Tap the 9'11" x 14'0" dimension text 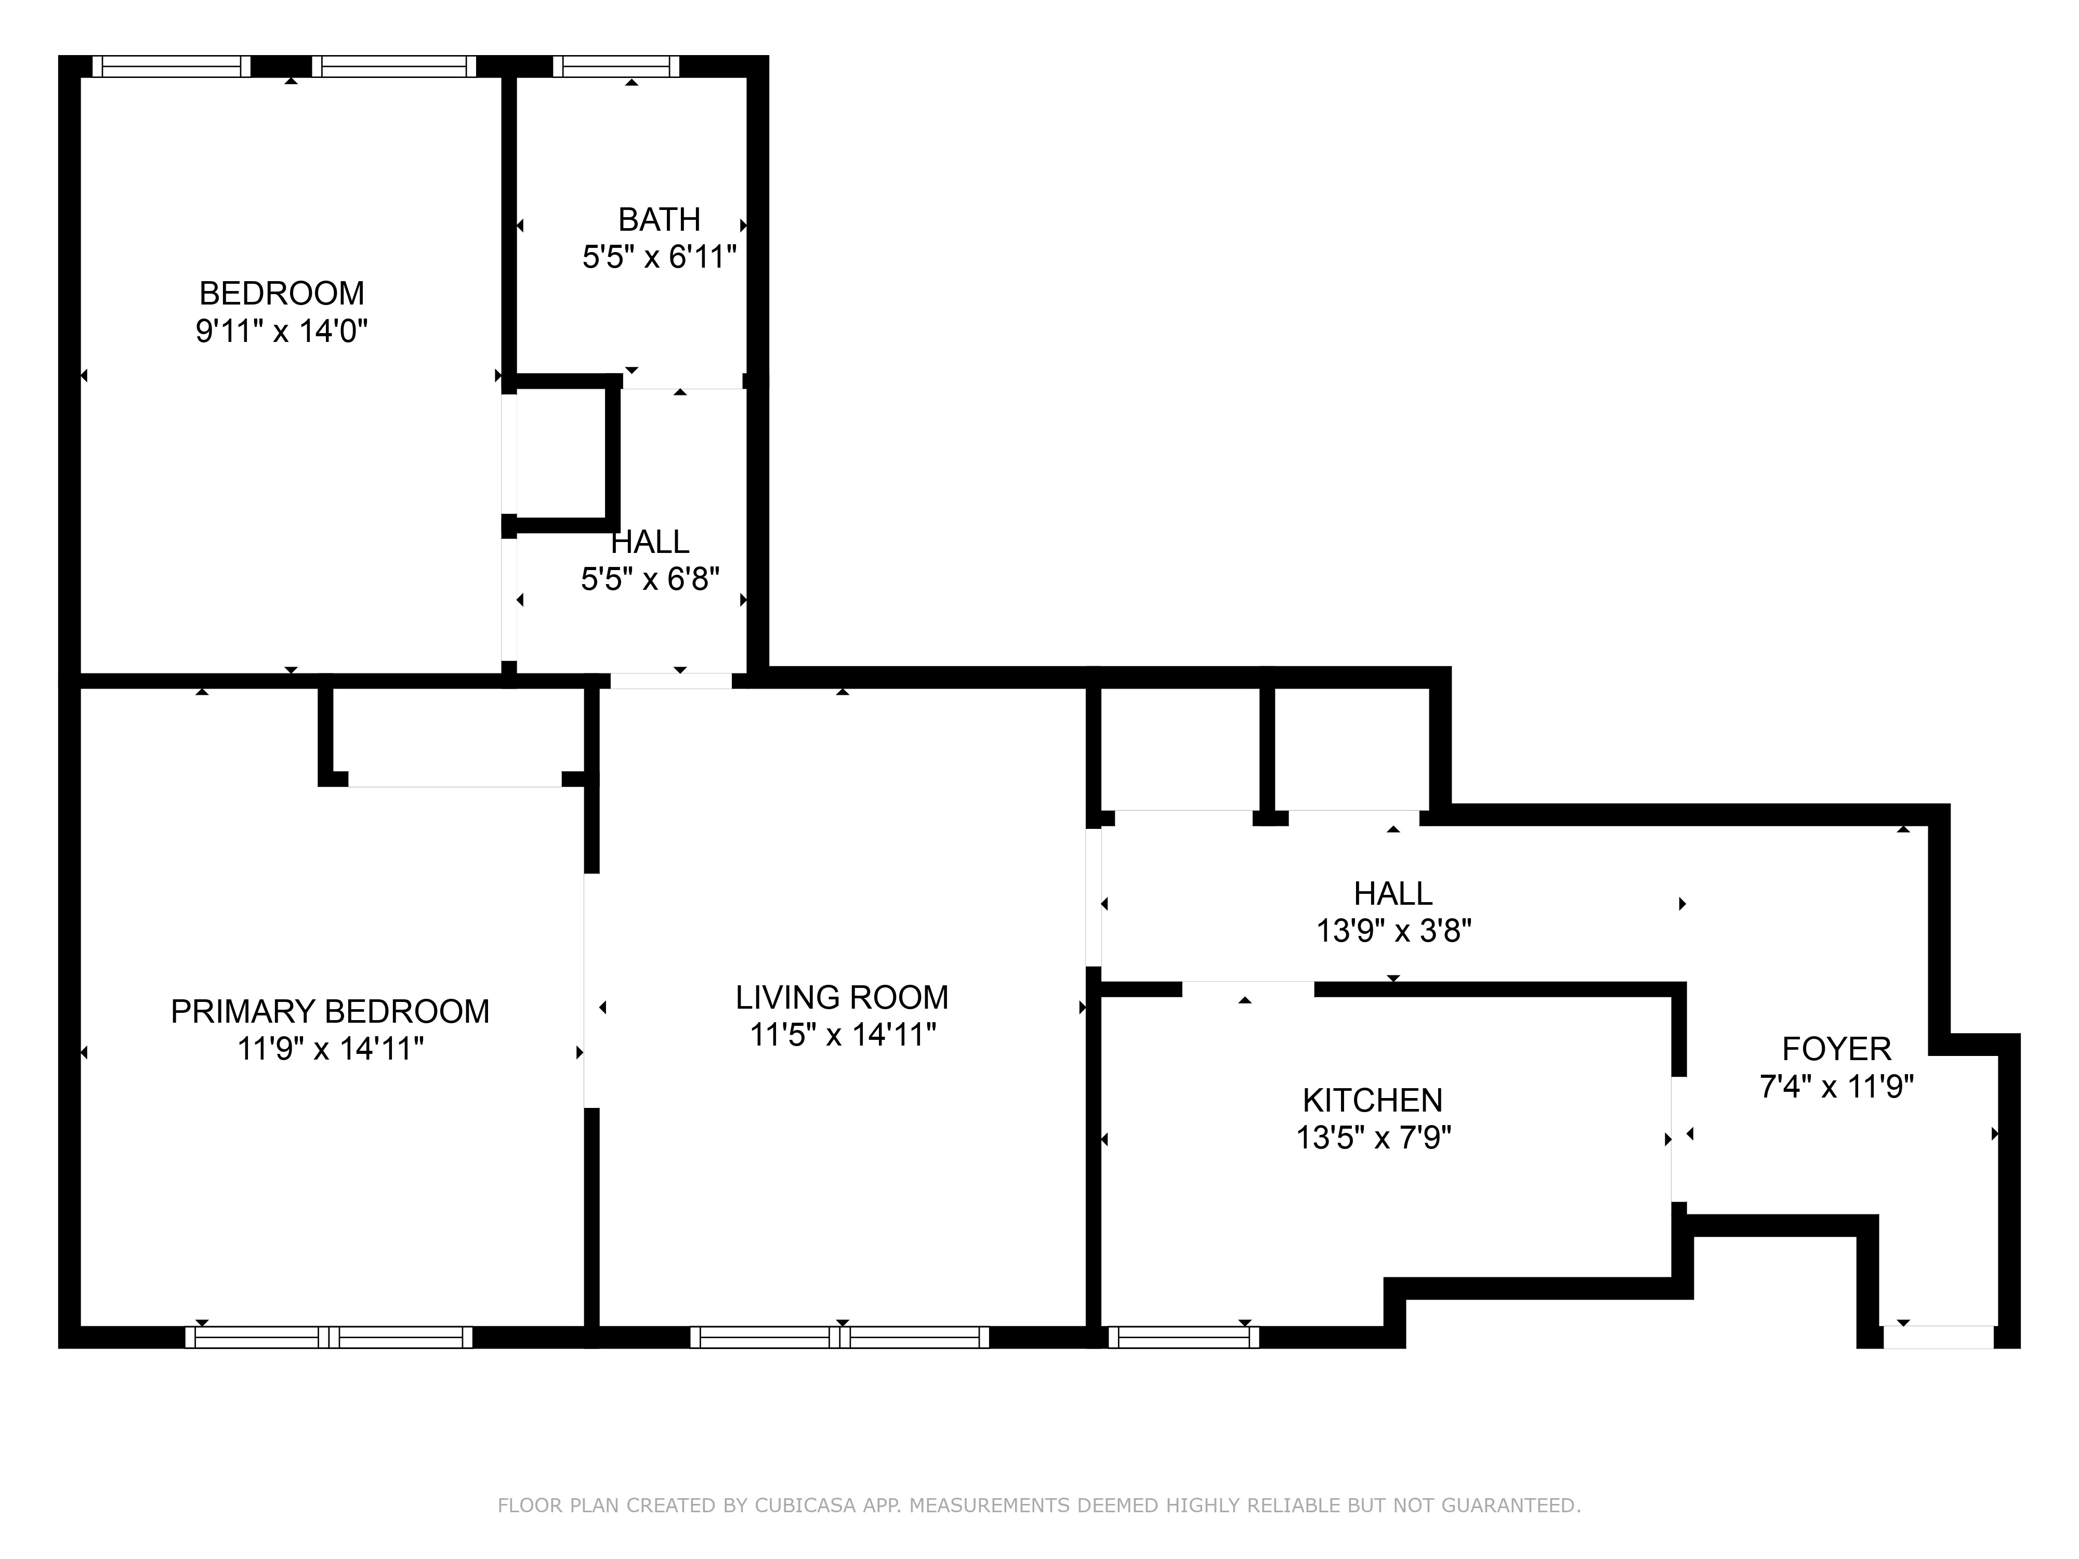pyautogui.click(x=281, y=332)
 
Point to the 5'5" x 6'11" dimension pyautogui.click(x=659, y=257)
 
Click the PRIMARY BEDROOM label pyautogui.click(x=330, y=1011)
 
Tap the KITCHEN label pyautogui.click(x=1372, y=1100)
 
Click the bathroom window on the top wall pyautogui.click(x=615, y=67)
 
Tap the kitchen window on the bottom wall pyautogui.click(x=1183, y=1337)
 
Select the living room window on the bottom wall pyautogui.click(x=839, y=1337)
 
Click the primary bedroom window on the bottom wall pyautogui.click(x=329, y=1337)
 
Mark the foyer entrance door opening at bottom pyautogui.click(x=1938, y=1337)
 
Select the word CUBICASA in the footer pyautogui.click(x=805, y=1505)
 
